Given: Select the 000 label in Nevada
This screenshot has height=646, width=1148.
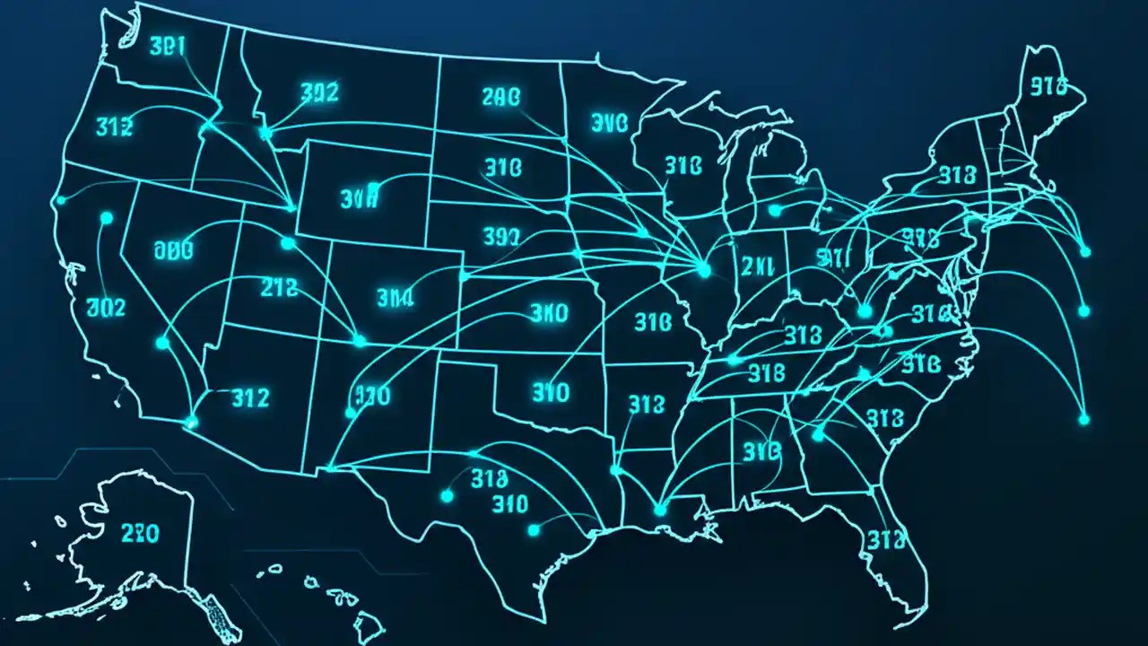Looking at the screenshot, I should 180,250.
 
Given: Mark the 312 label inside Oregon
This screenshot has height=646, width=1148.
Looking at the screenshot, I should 114,127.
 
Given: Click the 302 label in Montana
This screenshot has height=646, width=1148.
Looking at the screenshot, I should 319,92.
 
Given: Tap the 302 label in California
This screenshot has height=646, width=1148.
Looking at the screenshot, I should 106,308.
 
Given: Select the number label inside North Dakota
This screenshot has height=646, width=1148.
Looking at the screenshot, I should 500,98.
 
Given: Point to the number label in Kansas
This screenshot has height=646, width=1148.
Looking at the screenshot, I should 549,313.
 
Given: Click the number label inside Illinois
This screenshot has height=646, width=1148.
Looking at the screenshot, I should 758,266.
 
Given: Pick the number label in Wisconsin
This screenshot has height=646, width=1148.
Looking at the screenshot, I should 683,166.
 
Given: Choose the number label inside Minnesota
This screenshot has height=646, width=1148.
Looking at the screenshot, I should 610,123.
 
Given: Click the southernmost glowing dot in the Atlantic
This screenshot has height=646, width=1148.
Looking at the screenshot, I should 1083,419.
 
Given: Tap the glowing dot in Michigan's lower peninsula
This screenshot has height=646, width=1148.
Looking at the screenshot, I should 775,211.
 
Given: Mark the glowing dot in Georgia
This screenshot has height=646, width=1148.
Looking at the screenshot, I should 817,435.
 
